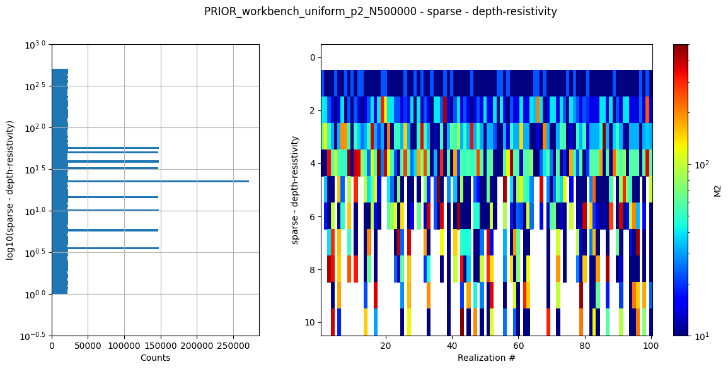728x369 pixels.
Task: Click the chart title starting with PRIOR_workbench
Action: (x=381, y=11)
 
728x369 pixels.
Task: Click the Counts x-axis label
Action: (x=155, y=358)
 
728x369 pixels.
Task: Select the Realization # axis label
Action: (x=486, y=358)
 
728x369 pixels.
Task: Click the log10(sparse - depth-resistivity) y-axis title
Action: (x=10, y=190)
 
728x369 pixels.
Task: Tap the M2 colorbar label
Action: (x=717, y=190)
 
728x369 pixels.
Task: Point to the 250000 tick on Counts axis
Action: (x=233, y=346)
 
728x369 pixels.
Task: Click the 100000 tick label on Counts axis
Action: (x=124, y=346)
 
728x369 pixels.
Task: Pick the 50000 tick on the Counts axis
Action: (x=88, y=346)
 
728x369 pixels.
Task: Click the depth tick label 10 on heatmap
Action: (x=309, y=322)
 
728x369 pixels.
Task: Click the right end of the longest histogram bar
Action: (x=248, y=182)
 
